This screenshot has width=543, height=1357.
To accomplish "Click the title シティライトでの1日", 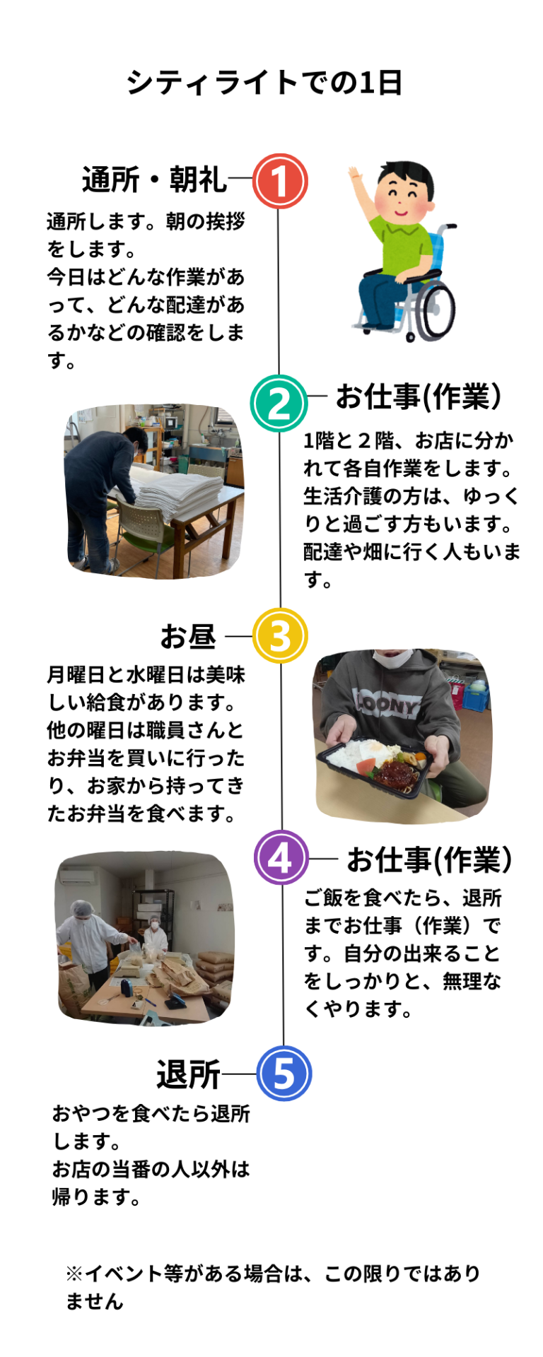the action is [x=264, y=83].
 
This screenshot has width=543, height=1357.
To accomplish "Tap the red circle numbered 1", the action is [x=280, y=181].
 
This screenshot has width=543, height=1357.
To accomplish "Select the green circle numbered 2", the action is [x=279, y=403].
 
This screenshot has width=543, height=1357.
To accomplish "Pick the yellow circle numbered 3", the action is [x=280, y=635].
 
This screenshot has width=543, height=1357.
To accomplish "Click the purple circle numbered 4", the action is [x=281, y=857].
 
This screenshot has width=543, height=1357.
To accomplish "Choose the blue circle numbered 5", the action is [x=284, y=1073].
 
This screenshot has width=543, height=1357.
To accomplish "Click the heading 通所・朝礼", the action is [x=154, y=180].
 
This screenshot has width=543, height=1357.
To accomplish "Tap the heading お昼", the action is [x=187, y=636].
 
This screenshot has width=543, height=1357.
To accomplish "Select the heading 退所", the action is [x=188, y=1075].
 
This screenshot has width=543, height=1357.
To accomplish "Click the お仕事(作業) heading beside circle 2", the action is [x=419, y=396].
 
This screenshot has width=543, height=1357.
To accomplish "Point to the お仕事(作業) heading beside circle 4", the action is [x=429, y=859].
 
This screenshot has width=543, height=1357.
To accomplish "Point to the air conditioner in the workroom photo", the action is [x=76, y=876].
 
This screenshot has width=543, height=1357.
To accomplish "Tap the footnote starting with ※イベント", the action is [x=272, y=1287].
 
